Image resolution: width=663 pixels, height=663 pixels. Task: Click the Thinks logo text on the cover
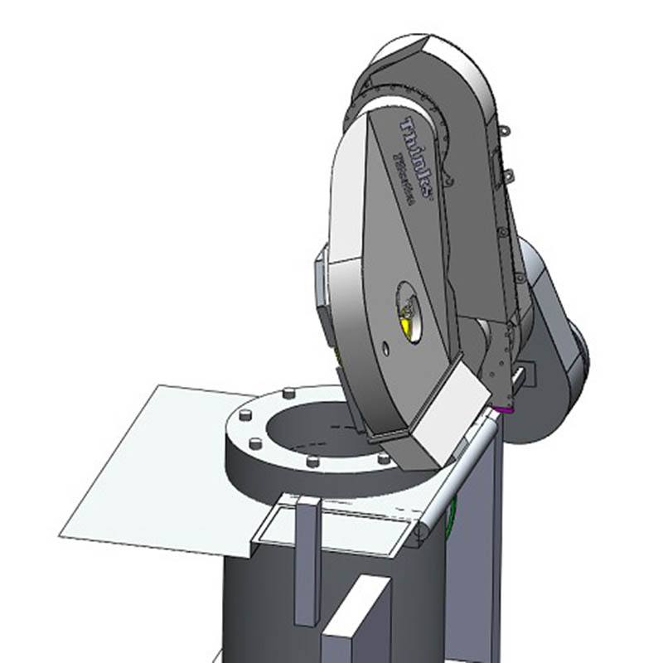tap(419, 157)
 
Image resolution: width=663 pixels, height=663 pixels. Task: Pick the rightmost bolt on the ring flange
tap(382, 457)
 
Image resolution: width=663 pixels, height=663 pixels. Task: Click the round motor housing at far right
tap(551, 348)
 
